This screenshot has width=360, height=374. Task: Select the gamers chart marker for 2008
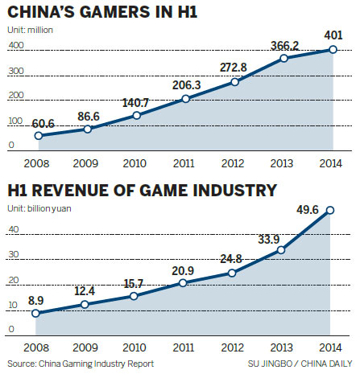click(39, 136)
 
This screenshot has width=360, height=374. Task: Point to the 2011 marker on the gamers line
click(184, 99)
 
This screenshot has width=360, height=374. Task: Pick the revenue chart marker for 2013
click(281, 250)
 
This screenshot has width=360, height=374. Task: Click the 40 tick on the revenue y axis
click(12, 229)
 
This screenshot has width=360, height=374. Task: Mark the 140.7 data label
click(136, 102)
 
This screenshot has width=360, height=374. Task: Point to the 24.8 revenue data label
click(233, 260)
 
